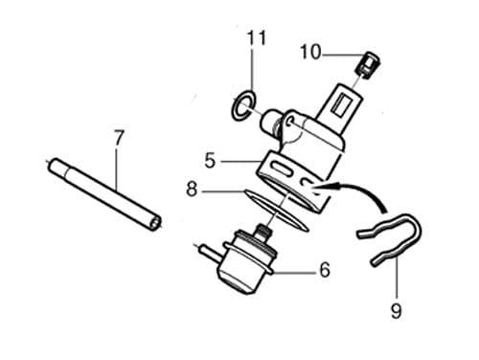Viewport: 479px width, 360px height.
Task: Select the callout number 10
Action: [310, 52]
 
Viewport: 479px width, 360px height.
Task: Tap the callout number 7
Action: [118, 139]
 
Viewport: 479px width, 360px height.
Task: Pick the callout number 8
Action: [193, 190]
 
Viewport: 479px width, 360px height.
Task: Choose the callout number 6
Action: [324, 271]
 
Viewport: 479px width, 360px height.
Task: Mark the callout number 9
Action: [396, 310]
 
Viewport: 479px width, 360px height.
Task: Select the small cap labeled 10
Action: [365, 65]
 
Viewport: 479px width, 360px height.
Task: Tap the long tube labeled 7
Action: [105, 191]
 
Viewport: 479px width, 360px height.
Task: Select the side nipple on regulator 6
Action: [204, 251]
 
